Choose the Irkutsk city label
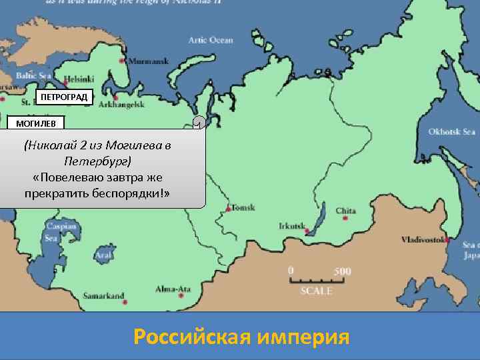coord(291,225)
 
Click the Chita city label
coord(346,211)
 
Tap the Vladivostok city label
coord(423,239)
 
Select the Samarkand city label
coord(103,295)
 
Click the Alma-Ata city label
coord(173,289)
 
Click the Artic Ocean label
coord(211,40)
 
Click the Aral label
coord(103,255)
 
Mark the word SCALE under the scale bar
coord(317,291)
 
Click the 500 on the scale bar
coord(342,271)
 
